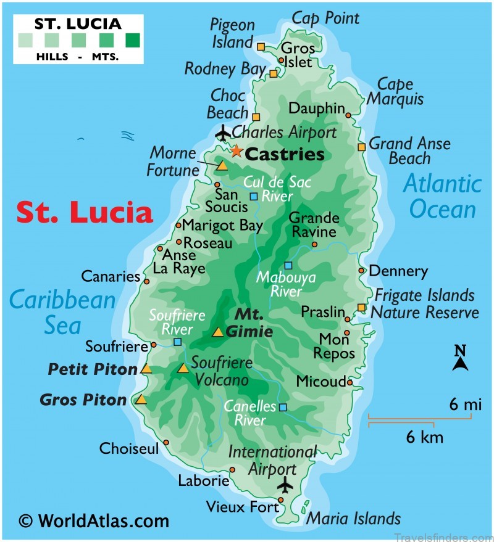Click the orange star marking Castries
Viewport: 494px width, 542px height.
click(x=236, y=150)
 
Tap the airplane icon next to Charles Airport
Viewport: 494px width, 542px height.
click(x=223, y=133)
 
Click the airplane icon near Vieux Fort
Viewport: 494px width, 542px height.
click(x=285, y=485)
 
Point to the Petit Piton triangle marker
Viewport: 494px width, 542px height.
click(x=146, y=369)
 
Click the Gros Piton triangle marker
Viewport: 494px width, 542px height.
click(x=141, y=400)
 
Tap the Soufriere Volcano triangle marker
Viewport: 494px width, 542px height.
click(x=183, y=369)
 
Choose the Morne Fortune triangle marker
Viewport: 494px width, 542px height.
click(x=222, y=165)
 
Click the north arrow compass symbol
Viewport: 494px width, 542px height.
click(x=459, y=359)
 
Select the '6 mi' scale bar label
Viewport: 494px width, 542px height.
click(x=464, y=405)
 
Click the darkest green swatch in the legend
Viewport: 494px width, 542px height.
click(x=132, y=41)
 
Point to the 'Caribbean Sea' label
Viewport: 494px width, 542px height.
click(x=62, y=312)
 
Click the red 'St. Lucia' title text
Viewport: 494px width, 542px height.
click(x=84, y=212)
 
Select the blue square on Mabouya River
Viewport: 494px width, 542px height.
click(x=288, y=266)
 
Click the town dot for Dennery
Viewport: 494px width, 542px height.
click(x=362, y=270)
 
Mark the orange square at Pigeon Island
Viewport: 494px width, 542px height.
click(x=261, y=46)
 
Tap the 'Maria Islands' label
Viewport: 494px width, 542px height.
click(x=354, y=519)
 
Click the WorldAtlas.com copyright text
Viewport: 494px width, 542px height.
click(x=94, y=521)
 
